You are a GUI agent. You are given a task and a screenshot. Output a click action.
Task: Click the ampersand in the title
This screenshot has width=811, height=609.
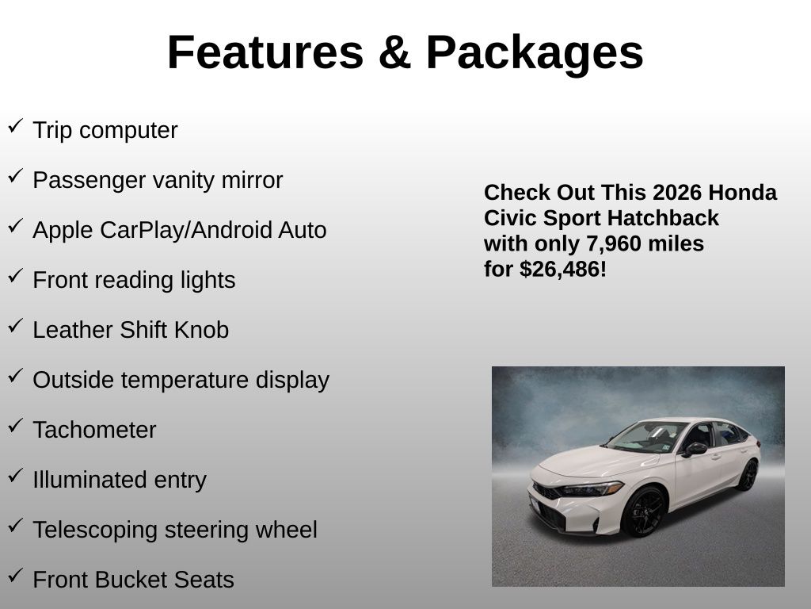pyautogui.click(x=394, y=52)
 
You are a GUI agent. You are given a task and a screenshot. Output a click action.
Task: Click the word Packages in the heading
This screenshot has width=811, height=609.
pyautogui.click(x=535, y=53)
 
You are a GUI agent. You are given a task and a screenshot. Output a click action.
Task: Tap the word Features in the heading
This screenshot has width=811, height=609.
pyautogui.click(x=266, y=52)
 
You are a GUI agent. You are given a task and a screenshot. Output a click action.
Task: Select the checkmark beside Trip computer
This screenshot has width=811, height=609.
pyautogui.click(x=16, y=125)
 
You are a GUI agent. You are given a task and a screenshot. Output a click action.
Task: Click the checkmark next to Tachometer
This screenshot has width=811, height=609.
pyautogui.click(x=16, y=425)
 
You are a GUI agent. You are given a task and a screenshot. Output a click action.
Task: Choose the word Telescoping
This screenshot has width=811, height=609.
pyautogui.click(x=95, y=530)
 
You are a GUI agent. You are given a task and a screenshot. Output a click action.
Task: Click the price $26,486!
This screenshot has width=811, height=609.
pyautogui.click(x=563, y=270)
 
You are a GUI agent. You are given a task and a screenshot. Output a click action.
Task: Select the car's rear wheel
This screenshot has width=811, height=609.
pyautogui.click(x=748, y=475)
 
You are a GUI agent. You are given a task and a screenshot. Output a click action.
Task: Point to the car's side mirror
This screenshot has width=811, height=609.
pyautogui.click(x=694, y=449)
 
